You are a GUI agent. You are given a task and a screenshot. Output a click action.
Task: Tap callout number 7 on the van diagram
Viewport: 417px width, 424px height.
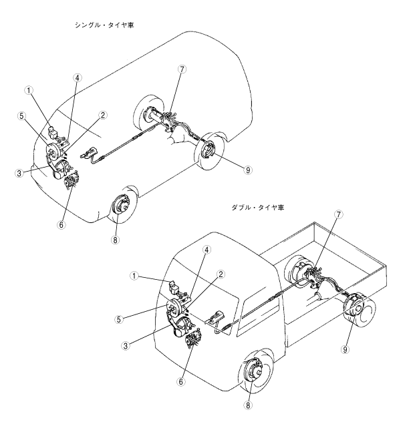click(x=182, y=69)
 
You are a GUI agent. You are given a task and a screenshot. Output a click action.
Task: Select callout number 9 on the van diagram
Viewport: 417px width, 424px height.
click(x=247, y=170)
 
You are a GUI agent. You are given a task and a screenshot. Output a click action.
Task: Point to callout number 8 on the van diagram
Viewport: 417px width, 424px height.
click(x=115, y=240)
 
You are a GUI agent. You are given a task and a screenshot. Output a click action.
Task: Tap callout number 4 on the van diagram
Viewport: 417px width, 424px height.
click(x=78, y=77)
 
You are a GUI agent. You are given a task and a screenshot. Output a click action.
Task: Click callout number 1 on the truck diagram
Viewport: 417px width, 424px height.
click(x=134, y=275)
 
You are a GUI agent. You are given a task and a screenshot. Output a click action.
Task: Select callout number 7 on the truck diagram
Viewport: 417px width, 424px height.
click(x=339, y=214)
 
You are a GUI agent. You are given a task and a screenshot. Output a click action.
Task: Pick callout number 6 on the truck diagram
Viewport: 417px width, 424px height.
click(x=179, y=382)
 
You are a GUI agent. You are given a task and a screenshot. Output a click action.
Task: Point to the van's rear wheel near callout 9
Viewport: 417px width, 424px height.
click(x=213, y=153)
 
